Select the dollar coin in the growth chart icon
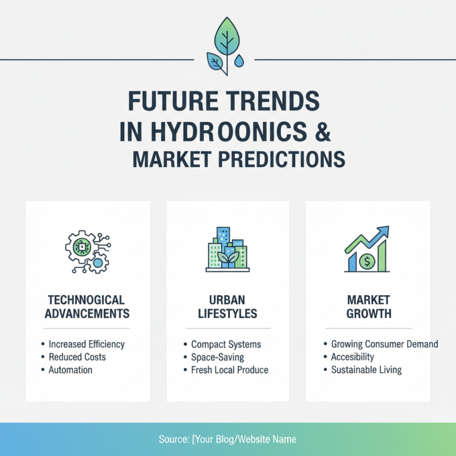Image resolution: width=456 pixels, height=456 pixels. [367, 262]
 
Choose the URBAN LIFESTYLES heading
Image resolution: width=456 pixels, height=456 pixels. [227, 307]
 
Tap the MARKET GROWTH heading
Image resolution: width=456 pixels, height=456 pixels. [368, 307]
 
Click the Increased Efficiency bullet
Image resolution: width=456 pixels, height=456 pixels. [86, 344]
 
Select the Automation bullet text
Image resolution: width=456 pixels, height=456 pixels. [70, 370]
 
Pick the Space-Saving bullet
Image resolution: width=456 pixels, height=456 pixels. [217, 357]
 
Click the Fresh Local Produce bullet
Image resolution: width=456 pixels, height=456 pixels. [229, 370]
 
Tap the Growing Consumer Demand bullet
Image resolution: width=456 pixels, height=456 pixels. [384, 344]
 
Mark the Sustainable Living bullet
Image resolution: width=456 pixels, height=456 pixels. [366, 370]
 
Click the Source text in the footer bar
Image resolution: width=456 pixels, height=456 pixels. [227, 439]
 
